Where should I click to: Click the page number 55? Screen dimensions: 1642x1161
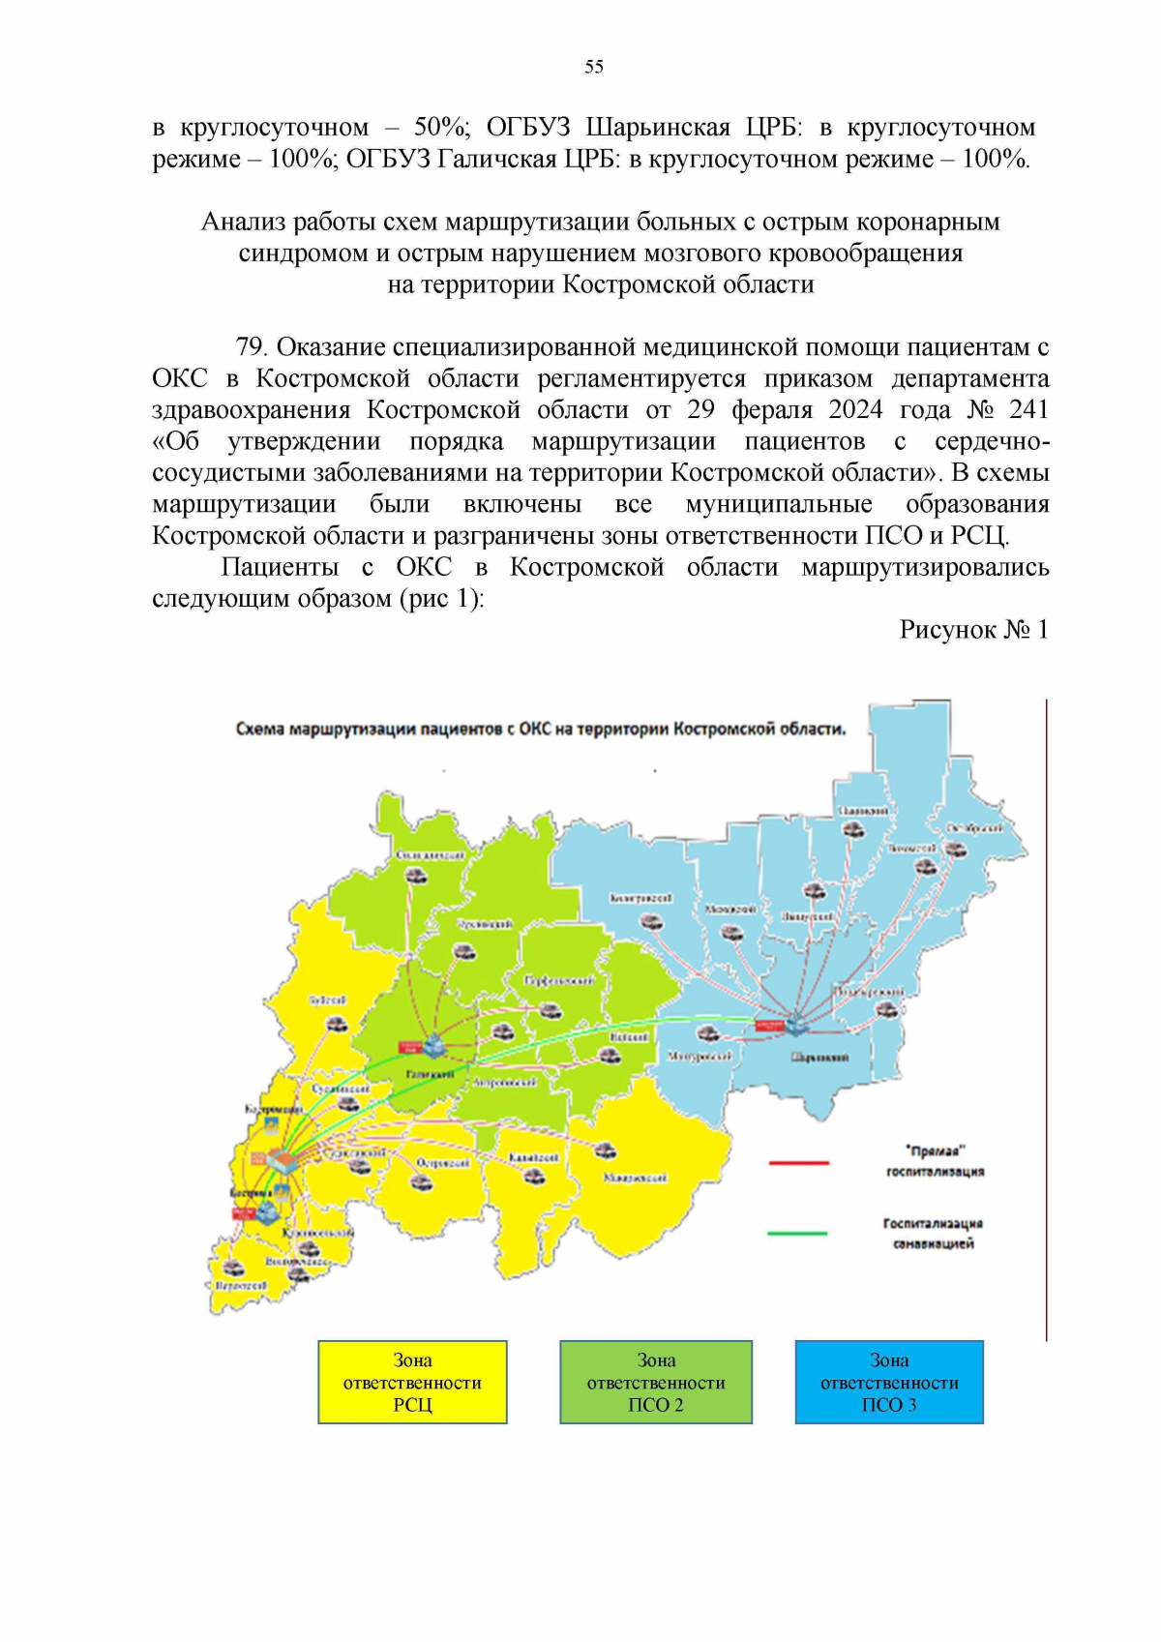coord(594,67)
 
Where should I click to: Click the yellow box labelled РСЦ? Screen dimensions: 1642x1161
coord(412,1382)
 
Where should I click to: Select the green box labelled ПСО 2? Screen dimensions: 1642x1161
coord(656,1382)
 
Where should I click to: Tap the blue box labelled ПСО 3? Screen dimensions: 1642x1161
coord(889,1382)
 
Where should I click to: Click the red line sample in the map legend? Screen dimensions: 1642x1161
coord(798,1162)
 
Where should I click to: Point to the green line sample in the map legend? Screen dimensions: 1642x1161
coord(797,1234)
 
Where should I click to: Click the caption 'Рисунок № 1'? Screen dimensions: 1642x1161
coord(973,630)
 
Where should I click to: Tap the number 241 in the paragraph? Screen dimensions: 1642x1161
coord(1028,410)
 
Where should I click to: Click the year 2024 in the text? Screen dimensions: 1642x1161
coord(855,410)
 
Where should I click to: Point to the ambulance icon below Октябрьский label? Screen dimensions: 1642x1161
coord(955,850)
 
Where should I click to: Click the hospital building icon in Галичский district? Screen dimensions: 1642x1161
coord(432,1044)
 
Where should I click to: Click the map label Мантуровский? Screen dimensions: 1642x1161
coord(700,1058)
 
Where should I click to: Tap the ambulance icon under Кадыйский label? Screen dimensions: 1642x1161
coord(533,1176)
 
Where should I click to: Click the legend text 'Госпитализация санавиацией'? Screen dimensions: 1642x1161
coord(933,1234)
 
